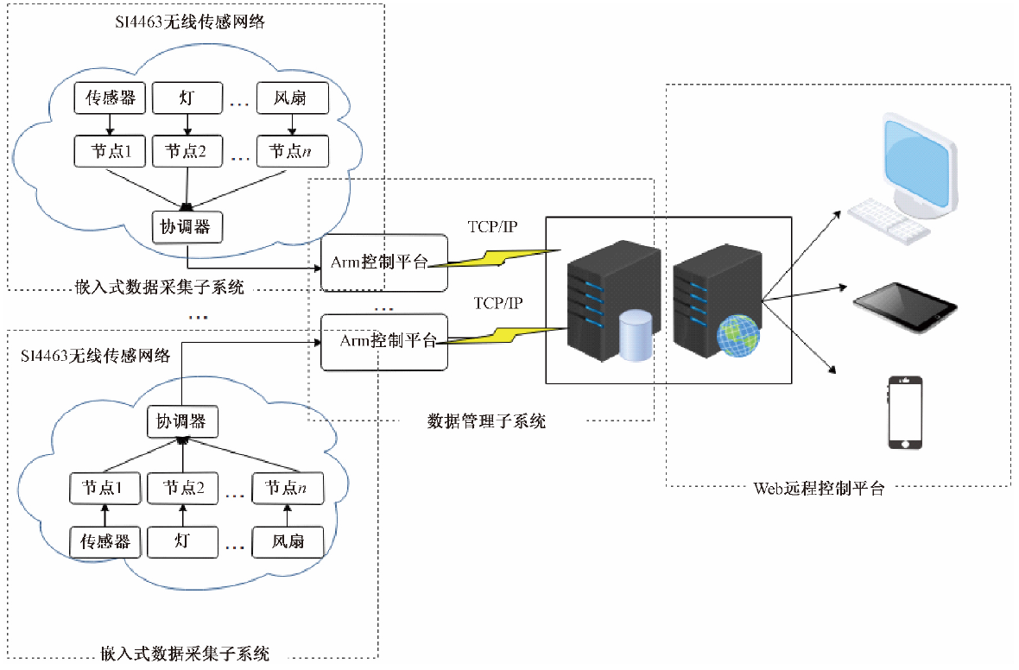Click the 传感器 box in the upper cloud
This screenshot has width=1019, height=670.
[x=110, y=98]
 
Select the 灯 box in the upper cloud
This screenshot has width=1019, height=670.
[x=187, y=98]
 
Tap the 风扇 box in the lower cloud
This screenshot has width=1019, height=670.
[x=288, y=542]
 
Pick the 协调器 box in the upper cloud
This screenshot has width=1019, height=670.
[x=187, y=226]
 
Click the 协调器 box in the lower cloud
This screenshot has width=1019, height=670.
[x=181, y=421]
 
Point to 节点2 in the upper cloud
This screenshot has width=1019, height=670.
[x=187, y=151]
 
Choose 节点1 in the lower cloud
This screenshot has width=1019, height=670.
[x=105, y=489]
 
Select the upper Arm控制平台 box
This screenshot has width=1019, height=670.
[x=384, y=262]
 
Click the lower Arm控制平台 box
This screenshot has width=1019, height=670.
[x=384, y=341]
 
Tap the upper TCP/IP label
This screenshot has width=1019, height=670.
[x=493, y=227]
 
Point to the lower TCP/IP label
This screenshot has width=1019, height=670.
[x=499, y=304]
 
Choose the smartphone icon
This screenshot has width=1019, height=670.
[x=905, y=413]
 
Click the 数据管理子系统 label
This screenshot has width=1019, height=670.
[x=487, y=422]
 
